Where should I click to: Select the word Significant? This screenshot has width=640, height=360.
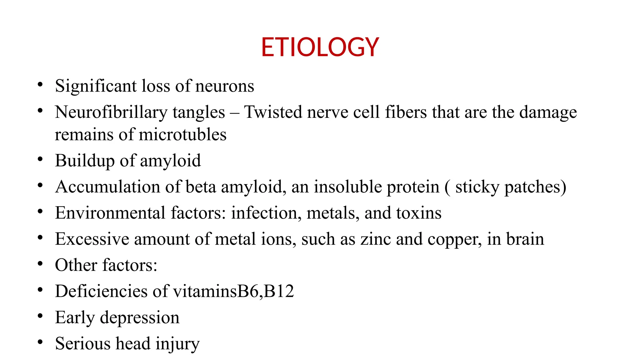pyautogui.click(x=96, y=86)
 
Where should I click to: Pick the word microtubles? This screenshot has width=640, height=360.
pyautogui.click(x=182, y=135)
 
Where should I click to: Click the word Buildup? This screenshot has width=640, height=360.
pyautogui.click(x=85, y=161)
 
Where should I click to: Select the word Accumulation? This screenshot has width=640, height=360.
pyautogui.click(x=107, y=187)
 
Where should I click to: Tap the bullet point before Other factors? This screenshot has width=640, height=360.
pyautogui.click(x=40, y=264)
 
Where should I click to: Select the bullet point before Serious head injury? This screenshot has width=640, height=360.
pyautogui.click(x=40, y=342)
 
